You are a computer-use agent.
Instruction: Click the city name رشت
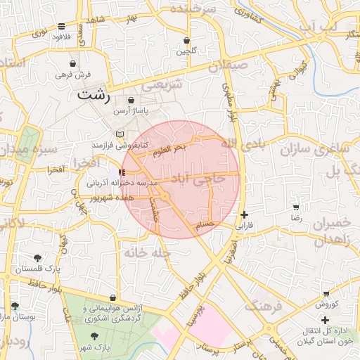pos(96,94)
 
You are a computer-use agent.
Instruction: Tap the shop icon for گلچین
pos(186,40)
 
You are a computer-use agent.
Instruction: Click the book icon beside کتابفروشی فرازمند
pos(120,134)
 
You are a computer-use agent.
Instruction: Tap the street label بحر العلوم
pos(169,148)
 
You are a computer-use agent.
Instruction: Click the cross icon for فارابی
pos(244,215)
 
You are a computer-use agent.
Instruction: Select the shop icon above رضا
pos(296,207)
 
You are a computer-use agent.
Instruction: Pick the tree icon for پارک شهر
pos(94,337)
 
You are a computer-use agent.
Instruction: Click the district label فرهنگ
pos(262,307)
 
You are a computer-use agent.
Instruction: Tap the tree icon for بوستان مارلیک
pos(15,305)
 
